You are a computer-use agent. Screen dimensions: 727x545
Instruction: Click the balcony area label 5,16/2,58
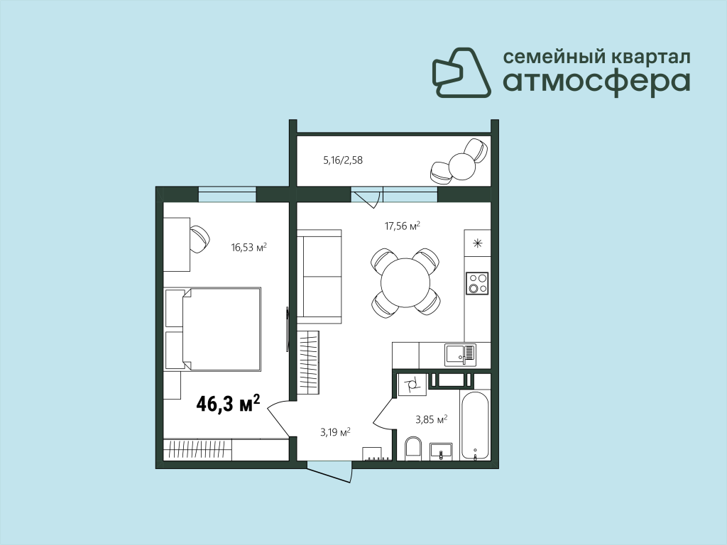tap(343, 160)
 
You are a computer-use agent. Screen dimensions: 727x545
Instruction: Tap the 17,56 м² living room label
tap(402, 226)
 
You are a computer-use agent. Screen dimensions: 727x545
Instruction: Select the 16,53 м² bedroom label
tap(249, 248)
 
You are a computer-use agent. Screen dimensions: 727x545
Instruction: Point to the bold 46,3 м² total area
tap(228, 403)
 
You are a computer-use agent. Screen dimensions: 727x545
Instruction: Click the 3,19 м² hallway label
tap(335, 433)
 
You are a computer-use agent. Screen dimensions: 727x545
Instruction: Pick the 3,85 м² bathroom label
tap(431, 420)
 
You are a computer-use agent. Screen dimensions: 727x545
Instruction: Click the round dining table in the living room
tap(405, 282)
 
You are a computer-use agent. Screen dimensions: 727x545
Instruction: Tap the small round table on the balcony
tap(461, 166)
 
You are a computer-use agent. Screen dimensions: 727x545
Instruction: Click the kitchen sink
tap(460, 354)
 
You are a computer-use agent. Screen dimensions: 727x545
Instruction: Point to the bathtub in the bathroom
tap(475, 426)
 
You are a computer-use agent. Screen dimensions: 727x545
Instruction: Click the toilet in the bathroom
tap(412, 448)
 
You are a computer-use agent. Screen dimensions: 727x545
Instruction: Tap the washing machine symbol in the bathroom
tap(411, 384)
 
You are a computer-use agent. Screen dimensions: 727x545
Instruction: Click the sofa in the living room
tap(319, 277)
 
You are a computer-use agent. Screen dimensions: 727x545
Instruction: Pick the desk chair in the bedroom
tap(199, 239)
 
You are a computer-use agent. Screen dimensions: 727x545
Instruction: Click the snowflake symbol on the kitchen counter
tap(478, 243)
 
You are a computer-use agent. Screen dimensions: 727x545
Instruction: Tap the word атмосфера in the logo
tap(596, 82)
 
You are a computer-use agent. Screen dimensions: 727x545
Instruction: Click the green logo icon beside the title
tap(461, 73)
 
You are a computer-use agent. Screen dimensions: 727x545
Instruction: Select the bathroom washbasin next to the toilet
tap(441, 451)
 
